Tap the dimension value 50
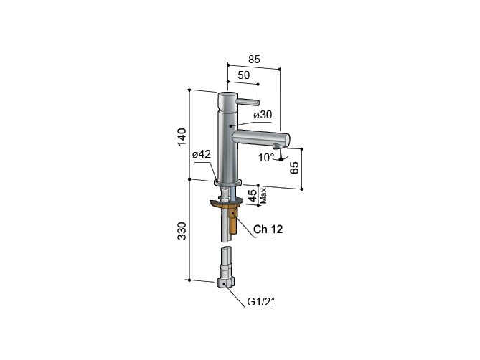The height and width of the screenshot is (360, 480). [243, 75]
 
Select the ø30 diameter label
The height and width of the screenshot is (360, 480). [263, 115]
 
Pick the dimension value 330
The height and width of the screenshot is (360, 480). [182, 229]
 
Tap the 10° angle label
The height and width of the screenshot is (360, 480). [266, 157]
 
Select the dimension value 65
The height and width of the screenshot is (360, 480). [294, 169]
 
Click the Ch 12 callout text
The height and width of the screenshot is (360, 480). [268, 230]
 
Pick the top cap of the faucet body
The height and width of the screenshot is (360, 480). [227, 95]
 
